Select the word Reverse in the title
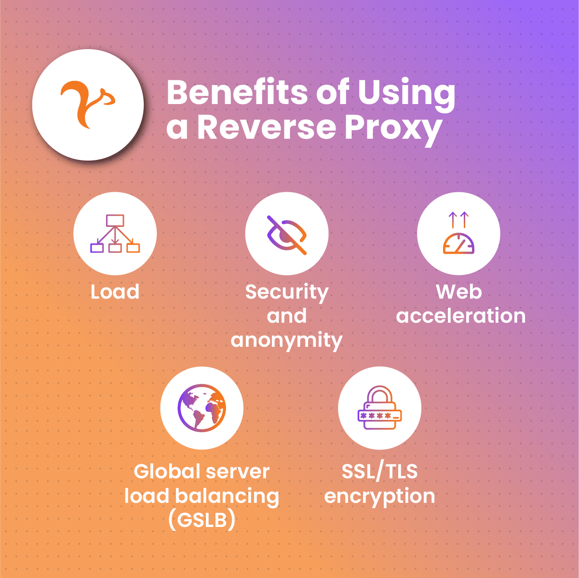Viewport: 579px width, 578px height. coord(267,128)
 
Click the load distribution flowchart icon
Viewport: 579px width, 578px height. coord(115,234)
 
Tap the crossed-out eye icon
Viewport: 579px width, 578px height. coord(287,234)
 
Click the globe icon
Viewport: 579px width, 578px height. coord(202,407)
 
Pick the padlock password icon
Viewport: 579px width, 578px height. coord(379,408)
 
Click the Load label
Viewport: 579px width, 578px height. coord(115,292)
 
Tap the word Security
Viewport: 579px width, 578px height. coord(287,292)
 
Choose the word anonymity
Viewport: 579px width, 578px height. coord(287,340)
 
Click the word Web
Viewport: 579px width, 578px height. coord(459,292)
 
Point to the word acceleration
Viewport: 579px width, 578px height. coord(461,316)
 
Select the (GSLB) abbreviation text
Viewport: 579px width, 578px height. coord(202,520)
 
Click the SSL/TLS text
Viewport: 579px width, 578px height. coord(379,472)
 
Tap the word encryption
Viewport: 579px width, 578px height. coord(379,496)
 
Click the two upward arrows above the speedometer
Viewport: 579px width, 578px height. coord(458,220)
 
